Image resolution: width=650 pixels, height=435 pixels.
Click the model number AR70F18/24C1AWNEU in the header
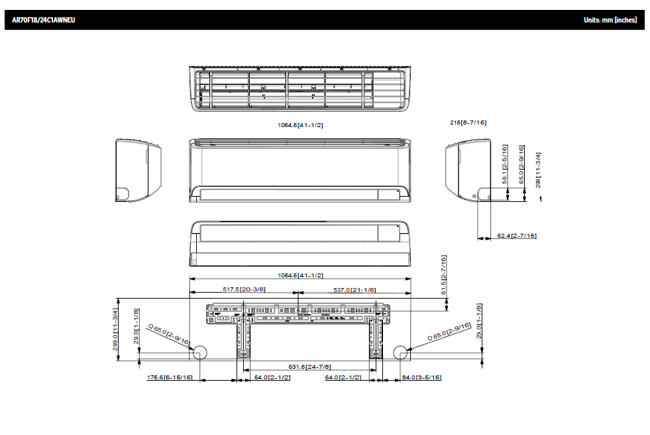point(44,20)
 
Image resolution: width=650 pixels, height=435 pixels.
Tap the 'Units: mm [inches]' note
point(610,20)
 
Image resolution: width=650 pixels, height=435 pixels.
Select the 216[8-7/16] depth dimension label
point(468,122)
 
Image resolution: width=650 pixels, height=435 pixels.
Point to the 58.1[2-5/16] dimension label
point(505,166)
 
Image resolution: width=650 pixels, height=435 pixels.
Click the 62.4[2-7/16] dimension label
point(517,236)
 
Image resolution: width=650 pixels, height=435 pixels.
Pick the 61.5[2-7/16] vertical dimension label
point(444,275)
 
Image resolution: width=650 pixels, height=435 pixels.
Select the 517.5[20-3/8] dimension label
point(244,289)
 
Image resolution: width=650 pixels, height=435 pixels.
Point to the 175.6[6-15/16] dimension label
point(170,377)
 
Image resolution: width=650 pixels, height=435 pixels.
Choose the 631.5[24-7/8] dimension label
point(310,366)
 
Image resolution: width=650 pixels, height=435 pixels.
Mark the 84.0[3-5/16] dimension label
point(422,377)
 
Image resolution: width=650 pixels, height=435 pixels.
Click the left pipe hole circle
point(200,352)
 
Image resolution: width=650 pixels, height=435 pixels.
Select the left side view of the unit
point(138,169)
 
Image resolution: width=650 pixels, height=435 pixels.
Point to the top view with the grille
point(299,89)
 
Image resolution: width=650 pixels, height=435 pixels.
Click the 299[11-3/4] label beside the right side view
point(539,169)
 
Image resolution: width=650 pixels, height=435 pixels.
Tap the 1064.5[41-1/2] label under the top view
point(300,124)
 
